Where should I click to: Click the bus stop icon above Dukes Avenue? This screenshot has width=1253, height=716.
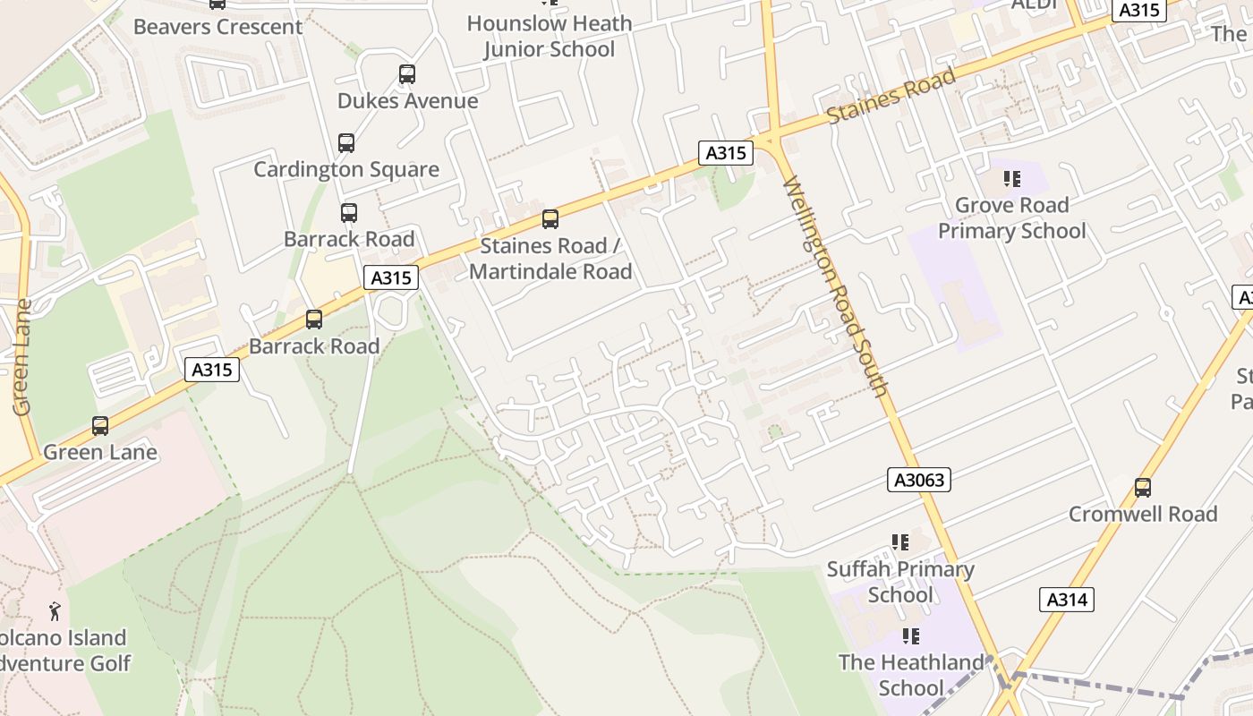(x=407, y=74)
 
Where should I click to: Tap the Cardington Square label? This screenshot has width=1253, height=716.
(x=346, y=169)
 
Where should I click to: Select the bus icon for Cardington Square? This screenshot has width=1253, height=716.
(x=346, y=142)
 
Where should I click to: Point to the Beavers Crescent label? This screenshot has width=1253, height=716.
(x=217, y=27)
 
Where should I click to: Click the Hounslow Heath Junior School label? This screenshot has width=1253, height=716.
(x=550, y=36)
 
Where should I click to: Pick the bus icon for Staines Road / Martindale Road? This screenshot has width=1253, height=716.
(x=550, y=219)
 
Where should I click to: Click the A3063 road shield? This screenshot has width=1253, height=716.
(x=920, y=480)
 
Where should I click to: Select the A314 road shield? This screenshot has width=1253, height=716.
(x=1067, y=600)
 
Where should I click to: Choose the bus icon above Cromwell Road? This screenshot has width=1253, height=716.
(x=1143, y=488)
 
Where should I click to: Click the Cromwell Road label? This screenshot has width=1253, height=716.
(x=1143, y=514)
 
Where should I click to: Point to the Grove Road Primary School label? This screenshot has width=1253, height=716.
(x=1011, y=218)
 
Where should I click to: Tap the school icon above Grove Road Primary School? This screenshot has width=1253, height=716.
(x=1012, y=179)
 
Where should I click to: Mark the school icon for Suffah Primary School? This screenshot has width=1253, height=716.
(x=900, y=542)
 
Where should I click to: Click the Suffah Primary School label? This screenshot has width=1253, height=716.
(x=900, y=582)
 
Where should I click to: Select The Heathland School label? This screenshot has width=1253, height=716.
(x=911, y=675)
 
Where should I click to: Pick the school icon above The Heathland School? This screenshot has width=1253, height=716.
(x=911, y=636)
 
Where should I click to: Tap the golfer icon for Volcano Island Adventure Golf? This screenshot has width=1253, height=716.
(x=55, y=611)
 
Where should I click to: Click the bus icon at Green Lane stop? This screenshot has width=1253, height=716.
(x=100, y=426)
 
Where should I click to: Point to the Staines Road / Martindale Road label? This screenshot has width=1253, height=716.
(x=550, y=259)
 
